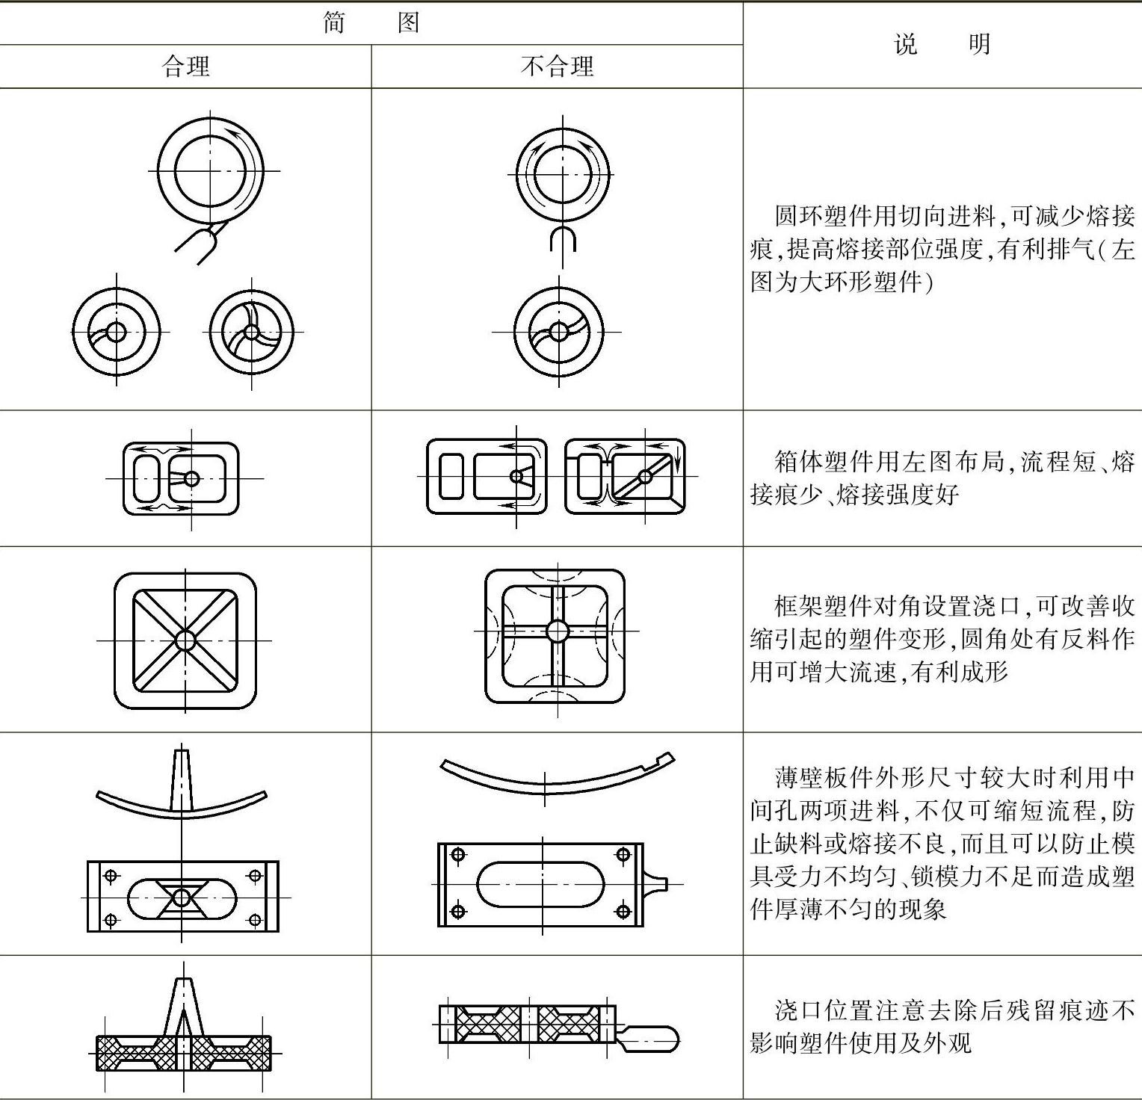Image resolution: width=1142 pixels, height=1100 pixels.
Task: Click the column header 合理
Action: pos(185,67)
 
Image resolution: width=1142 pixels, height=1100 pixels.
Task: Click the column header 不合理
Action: pos(557,67)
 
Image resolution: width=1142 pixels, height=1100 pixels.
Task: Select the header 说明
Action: pos(942,45)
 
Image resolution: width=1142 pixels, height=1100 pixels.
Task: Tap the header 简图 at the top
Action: pos(371,23)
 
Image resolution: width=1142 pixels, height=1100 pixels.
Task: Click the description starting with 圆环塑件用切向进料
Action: pos(942,250)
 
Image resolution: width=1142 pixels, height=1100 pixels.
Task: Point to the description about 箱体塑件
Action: pos(942,478)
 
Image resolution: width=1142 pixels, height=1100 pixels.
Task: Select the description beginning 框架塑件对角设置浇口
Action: pos(942,639)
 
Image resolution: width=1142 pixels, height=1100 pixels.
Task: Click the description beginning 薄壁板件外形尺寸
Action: pos(942,843)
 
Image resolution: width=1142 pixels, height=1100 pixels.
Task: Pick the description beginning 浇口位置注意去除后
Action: pos(942,1027)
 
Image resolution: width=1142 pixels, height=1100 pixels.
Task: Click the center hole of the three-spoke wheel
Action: pos(252,332)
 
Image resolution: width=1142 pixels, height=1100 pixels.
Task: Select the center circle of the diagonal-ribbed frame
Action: pos(185,640)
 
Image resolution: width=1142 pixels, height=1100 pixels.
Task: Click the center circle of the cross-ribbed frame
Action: pos(558,631)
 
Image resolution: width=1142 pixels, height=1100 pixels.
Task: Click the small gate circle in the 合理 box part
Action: pos(191,478)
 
